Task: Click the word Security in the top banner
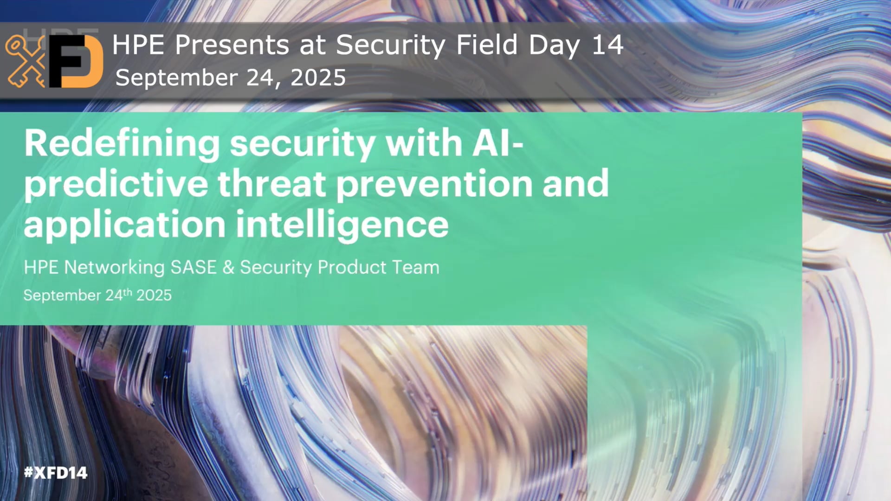coord(390,46)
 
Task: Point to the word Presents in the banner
coord(232,45)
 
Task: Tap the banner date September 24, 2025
coord(230,77)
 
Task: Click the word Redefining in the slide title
coord(122,144)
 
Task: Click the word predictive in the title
coord(116,184)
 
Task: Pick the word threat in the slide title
coord(272,184)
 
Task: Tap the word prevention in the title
coord(434,184)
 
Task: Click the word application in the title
coord(124,225)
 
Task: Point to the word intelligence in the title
coord(342,225)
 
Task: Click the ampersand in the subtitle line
coord(228,267)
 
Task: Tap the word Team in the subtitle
coord(415,267)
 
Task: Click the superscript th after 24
coord(127,292)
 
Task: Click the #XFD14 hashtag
coord(56,473)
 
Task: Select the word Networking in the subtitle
coord(114,268)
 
